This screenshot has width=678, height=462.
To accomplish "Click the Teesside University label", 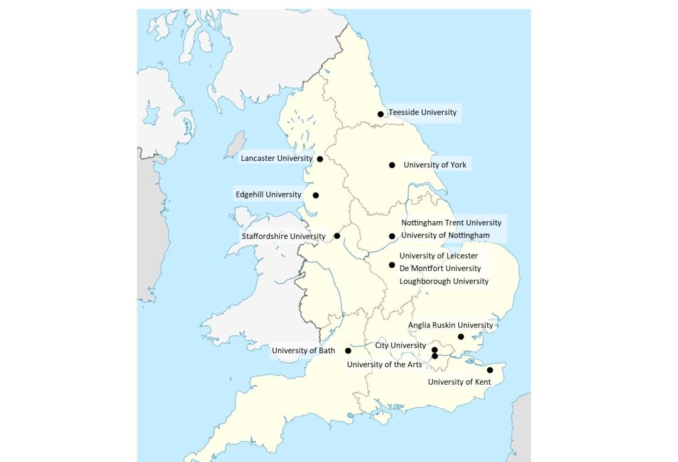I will click(422, 113).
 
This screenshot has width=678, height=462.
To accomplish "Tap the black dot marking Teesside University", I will click(380, 114).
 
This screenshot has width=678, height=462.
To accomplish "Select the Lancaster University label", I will click(276, 158).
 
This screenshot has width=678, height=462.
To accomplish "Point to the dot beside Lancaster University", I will click(320, 159).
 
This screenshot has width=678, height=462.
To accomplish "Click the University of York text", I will click(435, 165).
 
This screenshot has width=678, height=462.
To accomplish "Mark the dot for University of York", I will click(392, 165).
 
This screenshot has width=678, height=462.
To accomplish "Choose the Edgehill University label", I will click(268, 195).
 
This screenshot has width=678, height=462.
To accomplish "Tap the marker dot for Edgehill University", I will click(316, 195).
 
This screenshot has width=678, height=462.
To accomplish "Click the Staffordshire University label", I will click(283, 236).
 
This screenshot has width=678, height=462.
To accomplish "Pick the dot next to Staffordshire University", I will click(337, 236).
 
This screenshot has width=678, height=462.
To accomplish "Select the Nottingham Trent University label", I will click(451, 223).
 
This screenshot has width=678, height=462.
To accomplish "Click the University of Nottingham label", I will click(445, 235).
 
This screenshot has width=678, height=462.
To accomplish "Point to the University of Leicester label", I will click(438, 256).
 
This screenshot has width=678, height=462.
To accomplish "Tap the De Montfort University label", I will click(440, 268).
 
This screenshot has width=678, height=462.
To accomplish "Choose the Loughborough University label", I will click(443, 281).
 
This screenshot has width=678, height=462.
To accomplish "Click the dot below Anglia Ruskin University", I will click(461, 337).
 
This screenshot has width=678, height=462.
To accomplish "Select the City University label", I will click(401, 346).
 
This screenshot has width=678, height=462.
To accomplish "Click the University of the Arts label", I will click(384, 365).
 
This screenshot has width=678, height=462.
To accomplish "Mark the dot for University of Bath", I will click(348, 351).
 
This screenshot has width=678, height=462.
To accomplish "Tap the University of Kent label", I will click(459, 382).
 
